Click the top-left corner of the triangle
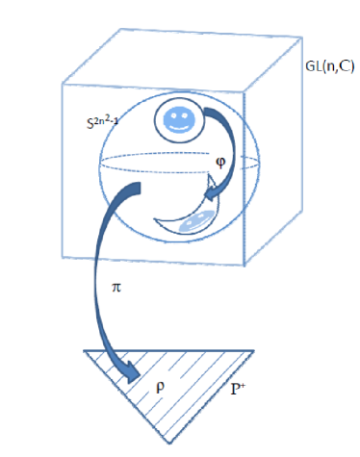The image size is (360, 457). pyautogui.click(x=83, y=349)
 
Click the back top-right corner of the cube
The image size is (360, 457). pyautogui.click(x=296, y=28)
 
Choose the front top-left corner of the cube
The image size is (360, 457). pyautogui.click(x=62, y=84)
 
